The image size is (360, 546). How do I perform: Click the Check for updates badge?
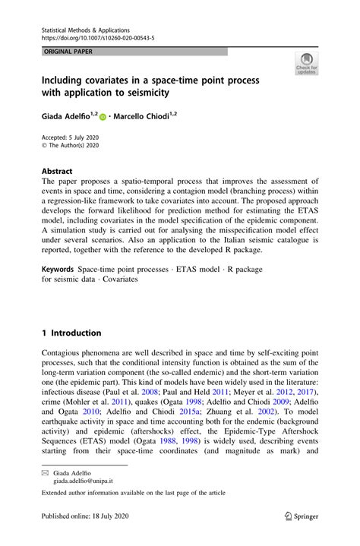(x=307, y=65)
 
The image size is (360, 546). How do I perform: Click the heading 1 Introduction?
(x=71, y=333)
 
